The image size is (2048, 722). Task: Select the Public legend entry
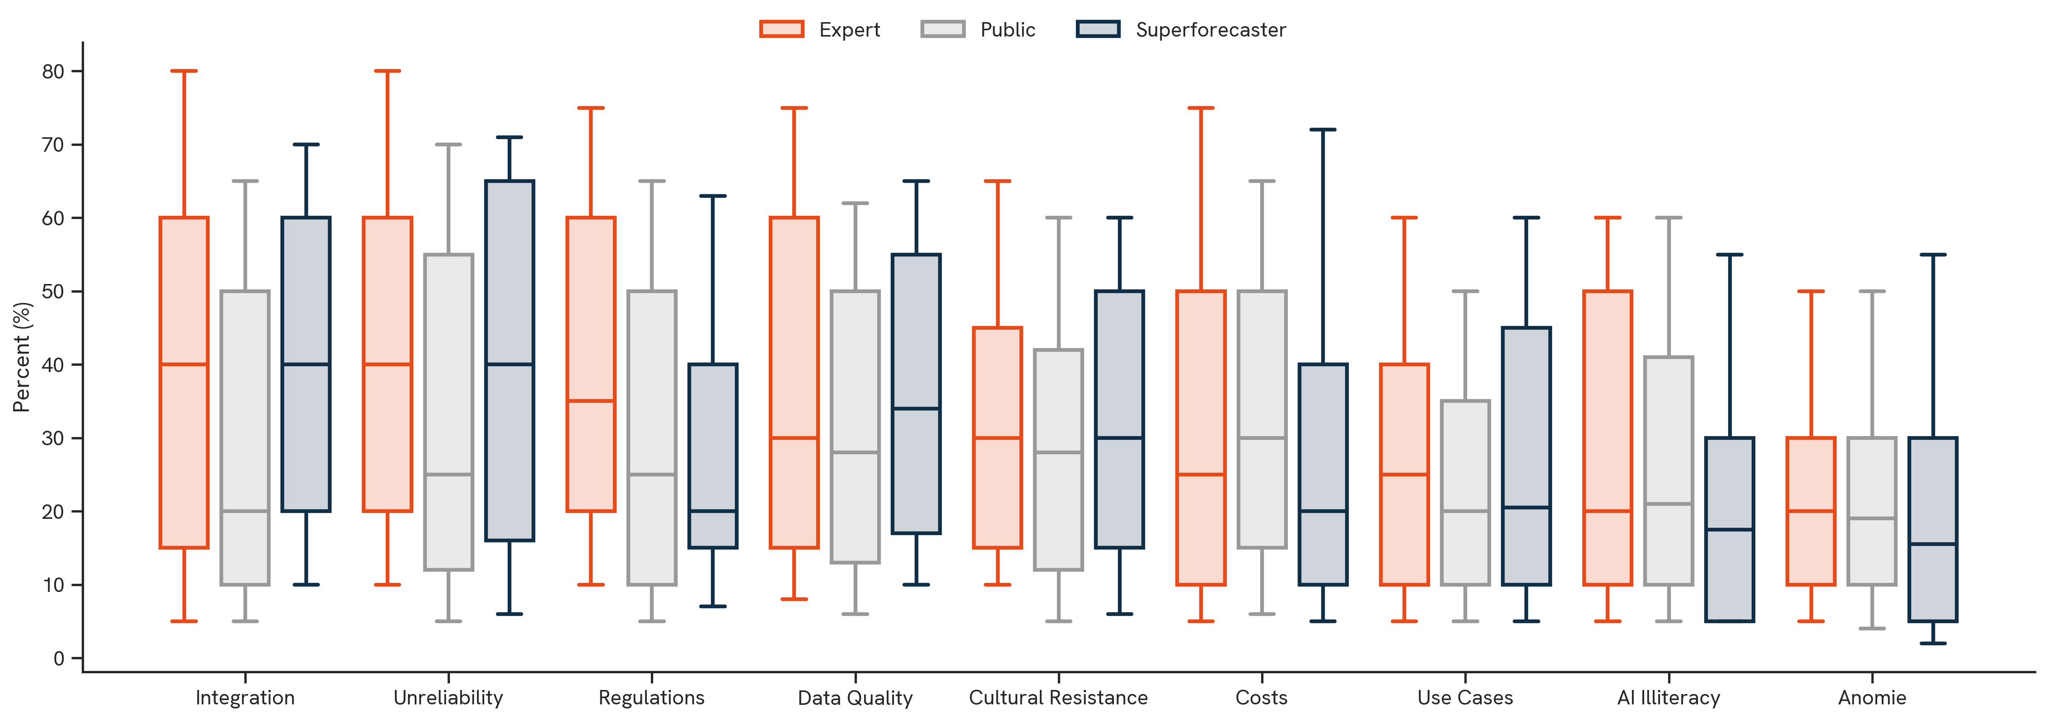click(978, 29)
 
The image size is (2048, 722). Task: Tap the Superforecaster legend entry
click(1181, 29)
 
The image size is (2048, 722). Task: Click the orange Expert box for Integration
click(184, 382)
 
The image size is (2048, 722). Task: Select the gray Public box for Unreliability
click(449, 412)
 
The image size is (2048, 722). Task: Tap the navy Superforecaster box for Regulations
click(712, 456)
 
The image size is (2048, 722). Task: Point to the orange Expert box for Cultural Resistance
click(997, 438)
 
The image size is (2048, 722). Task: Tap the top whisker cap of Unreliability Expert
click(387, 71)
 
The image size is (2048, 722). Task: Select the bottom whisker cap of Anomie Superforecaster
click(1933, 643)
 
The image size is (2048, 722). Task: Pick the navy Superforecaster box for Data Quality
click(916, 394)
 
